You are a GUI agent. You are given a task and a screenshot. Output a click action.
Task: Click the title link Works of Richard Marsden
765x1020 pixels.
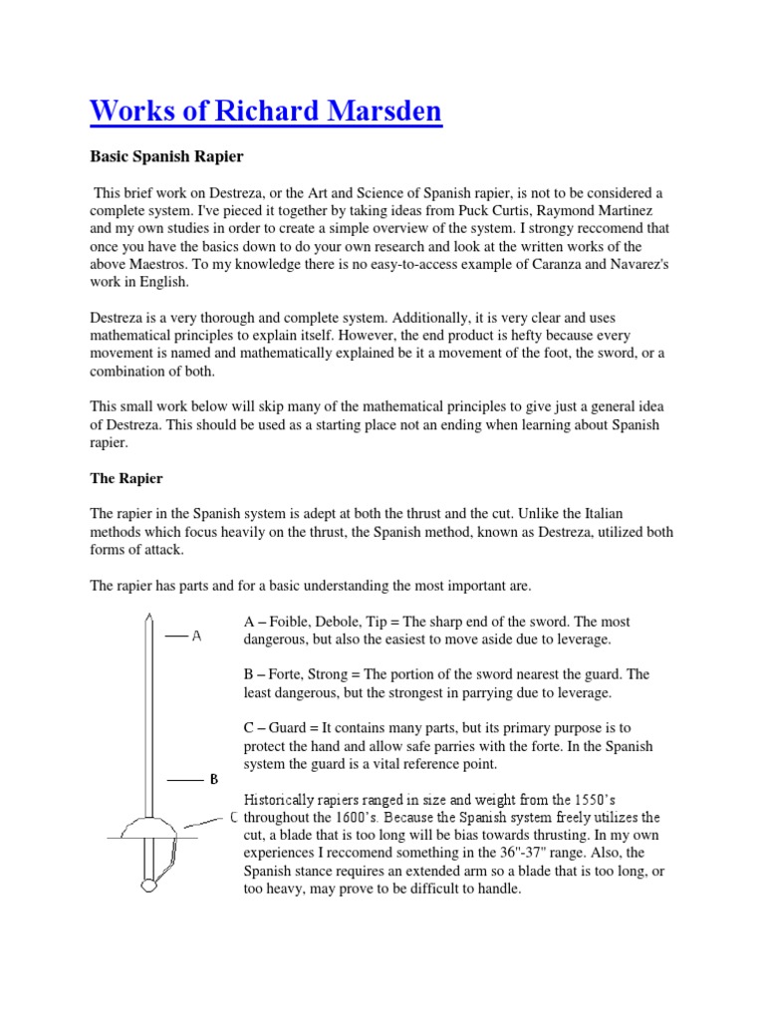click(x=265, y=111)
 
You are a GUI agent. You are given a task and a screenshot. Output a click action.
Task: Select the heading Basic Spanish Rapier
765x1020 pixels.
click(x=166, y=157)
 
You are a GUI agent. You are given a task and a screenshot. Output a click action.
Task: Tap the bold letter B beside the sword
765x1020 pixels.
click(x=213, y=779)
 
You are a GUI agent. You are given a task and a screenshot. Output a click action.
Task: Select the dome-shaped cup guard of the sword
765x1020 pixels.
click(x=146, y=827)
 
